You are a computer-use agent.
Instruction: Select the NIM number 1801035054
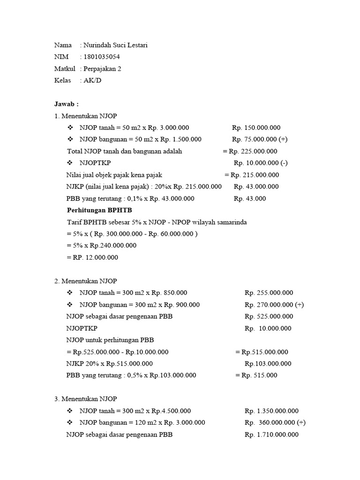point(102,57)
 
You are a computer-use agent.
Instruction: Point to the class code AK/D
point(92,81)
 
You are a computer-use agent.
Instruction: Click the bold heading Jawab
point(67,104)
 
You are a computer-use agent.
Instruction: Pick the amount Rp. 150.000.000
point(256,127)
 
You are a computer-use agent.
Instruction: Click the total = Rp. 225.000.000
point(250,151)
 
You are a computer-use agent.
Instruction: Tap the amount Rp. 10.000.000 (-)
point(261,163)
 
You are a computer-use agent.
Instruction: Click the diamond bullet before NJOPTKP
point(70,163)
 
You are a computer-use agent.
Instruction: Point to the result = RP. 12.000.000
point(92,257)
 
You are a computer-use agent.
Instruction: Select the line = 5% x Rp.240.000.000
point(102,245)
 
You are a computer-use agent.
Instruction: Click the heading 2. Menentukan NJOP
point(86,281)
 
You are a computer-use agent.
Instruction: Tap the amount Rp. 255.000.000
point(269,293)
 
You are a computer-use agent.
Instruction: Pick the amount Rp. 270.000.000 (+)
point(274,305)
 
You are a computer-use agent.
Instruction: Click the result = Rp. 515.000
point(256,375)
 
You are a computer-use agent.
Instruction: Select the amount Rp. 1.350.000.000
point(271,411)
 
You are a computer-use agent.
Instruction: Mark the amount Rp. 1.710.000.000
point(271,435)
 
